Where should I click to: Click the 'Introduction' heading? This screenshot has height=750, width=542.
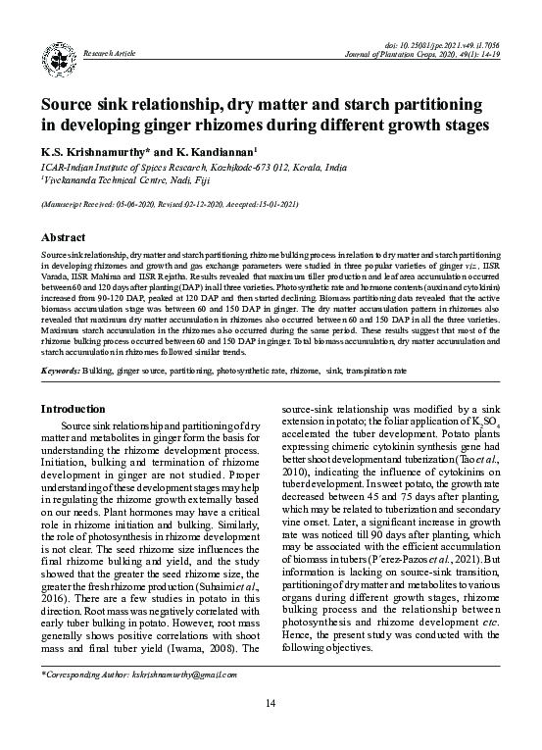(x=73, y=409)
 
